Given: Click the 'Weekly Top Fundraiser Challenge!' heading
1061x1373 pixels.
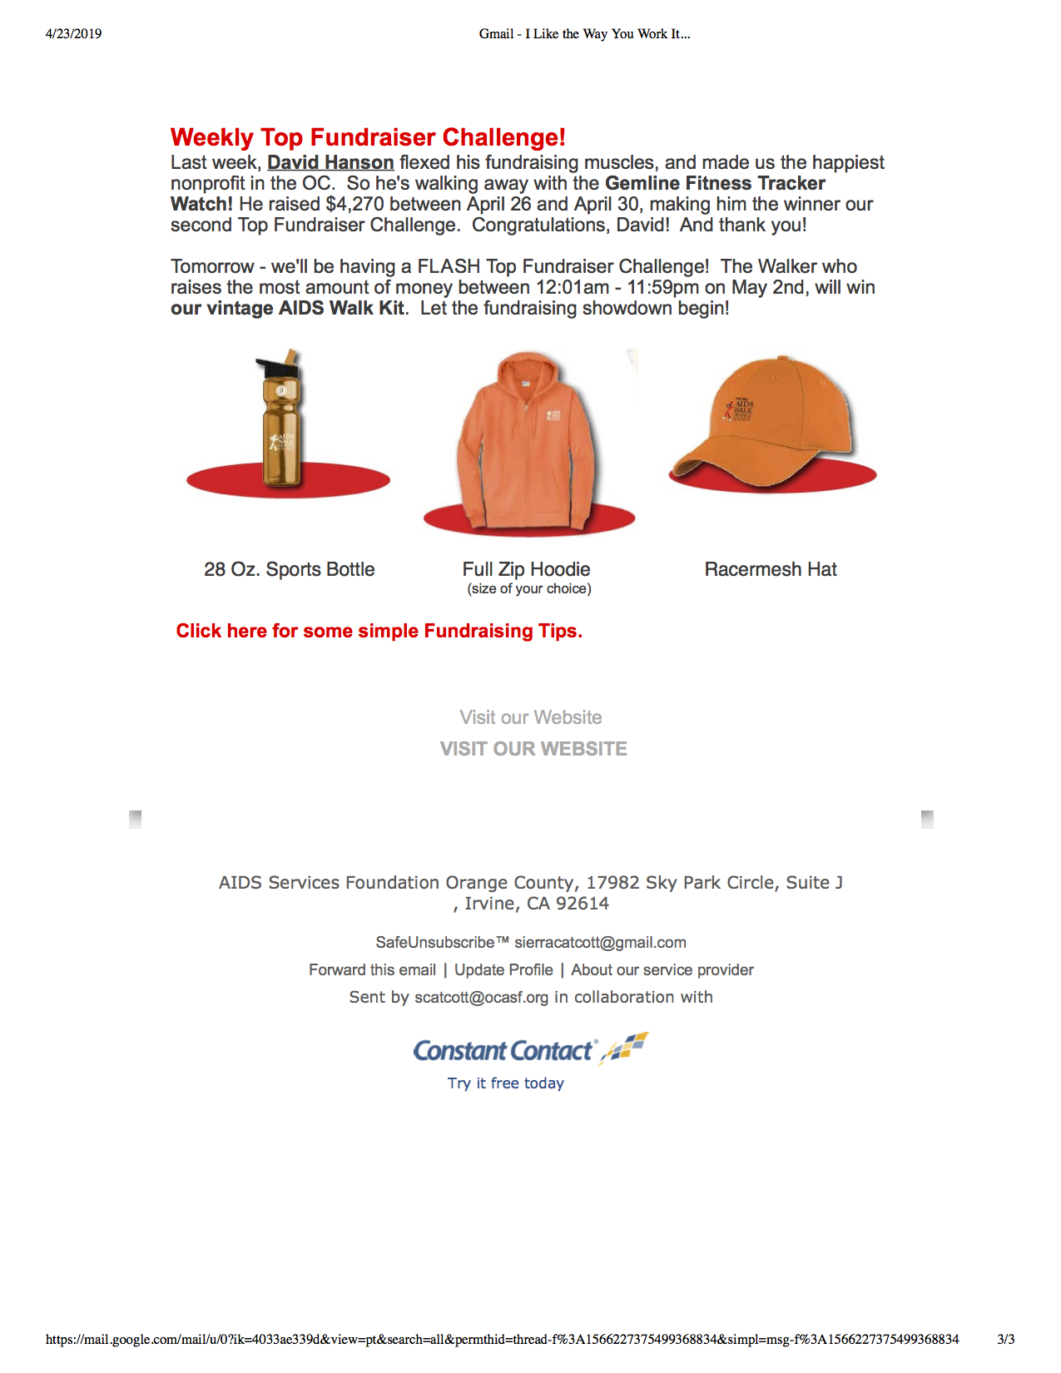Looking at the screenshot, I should click(368, 137).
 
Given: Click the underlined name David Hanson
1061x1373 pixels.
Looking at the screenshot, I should click(330, 162).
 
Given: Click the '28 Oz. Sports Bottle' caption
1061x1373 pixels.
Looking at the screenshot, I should click(290, 569).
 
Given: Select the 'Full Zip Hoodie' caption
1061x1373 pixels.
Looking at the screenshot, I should click(526, 569).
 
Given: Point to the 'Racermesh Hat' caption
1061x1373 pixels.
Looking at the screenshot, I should click(771, 569).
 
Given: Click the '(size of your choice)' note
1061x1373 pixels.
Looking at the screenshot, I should click(529, 589).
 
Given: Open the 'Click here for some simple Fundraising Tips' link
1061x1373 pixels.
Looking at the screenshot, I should click(379, 631).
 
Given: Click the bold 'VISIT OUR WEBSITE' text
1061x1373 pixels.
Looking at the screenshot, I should click(533, 749).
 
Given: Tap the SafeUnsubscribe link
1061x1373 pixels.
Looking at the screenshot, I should click(441, 942).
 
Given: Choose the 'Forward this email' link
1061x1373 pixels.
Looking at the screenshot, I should click(372, 969).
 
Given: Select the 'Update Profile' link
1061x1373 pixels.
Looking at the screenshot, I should click(503, 969).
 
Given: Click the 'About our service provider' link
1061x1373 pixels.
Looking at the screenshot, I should click(662, 969).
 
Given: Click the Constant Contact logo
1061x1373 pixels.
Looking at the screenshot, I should click(530, 1050).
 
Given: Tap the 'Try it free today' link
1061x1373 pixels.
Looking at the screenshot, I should click(506, 1083).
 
